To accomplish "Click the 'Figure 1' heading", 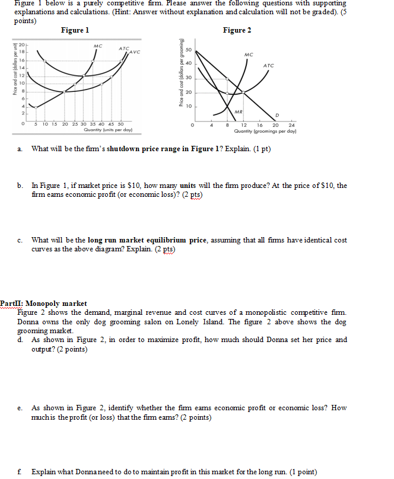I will coord(75,30).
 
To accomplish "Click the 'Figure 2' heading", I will coord(237,30).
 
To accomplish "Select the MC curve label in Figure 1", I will coord(97,46).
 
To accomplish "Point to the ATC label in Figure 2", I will coord(268,66).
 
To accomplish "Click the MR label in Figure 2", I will coord(238,111).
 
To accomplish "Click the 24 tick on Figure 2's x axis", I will coord(291,124).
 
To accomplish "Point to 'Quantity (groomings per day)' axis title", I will coord(269,130).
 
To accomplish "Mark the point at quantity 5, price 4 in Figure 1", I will coord(37,107).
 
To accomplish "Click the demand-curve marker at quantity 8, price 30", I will coord(227,78).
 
